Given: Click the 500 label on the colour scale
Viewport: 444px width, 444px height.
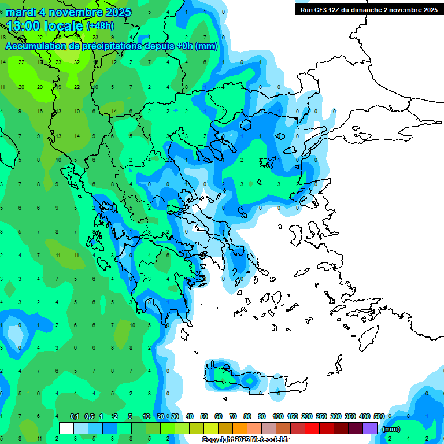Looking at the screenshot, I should (x=379, y=416).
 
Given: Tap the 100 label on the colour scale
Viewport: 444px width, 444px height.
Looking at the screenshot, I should (x=277, y=416).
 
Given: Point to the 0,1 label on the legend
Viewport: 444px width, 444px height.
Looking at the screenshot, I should (x=75, y=416).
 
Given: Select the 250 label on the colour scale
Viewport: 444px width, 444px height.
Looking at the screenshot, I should (x=321, y=416).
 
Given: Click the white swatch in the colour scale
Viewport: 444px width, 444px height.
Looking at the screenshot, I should (x=66, y=428).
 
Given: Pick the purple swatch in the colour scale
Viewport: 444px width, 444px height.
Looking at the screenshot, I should (x=370, y=428).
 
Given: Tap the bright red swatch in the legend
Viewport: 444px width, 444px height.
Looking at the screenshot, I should (x=312, y=428).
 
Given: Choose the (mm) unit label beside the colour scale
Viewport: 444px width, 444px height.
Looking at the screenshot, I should (x=391, y=429).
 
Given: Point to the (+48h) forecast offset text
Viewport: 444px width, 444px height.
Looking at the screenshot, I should (x=100, y=26).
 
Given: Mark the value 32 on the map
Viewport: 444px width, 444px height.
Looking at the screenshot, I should (x=77, y=62).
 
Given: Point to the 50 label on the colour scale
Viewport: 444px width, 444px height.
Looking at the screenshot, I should (x=204, y=416).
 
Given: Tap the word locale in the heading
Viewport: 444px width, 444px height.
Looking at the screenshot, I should (x=67, y=26).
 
